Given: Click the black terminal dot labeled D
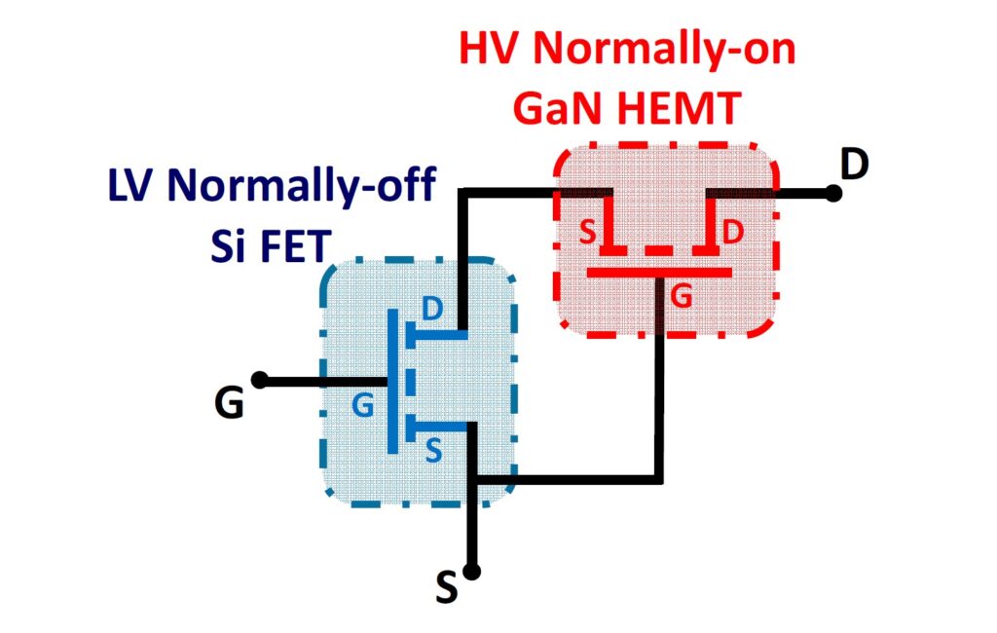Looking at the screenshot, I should click(x=832, y=193).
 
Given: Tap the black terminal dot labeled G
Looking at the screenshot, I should click(x=260, y=379).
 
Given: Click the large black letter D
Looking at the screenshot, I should click(x=854, y=165).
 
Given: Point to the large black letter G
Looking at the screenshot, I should click(x=230, y=402).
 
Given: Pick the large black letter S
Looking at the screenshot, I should click(x=447, y=589).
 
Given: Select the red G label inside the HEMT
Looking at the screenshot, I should click(x=683, y=296).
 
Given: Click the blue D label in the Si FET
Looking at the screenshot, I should click(x=431, y=308).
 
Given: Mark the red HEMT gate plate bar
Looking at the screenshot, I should click(x=659, y=272).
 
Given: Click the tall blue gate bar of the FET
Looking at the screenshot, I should click(x=391, y=381).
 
